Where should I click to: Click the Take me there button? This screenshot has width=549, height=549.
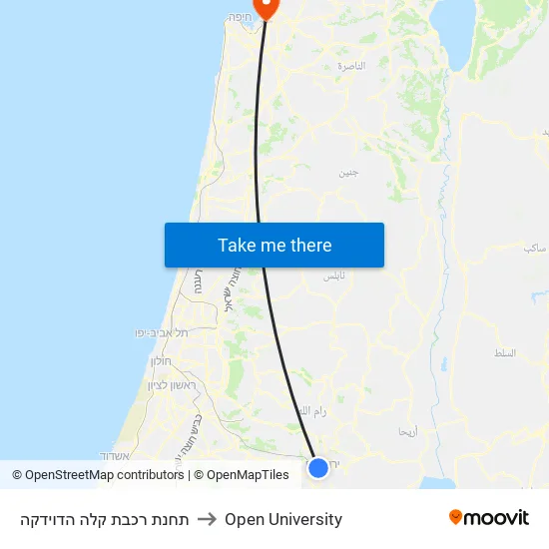(x=274, y=246)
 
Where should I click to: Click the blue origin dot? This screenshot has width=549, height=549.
(x=318, y=467)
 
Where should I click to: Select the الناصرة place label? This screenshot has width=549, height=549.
(x=351, y=66)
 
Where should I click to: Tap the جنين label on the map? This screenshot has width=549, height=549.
(x=347, y=172)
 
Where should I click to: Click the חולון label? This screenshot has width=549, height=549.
(x=162, y=360)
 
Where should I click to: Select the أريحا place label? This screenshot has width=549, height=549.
(x=408, y=432)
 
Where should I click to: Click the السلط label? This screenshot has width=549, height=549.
(x=505, y=353)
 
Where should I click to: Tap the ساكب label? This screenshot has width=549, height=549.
(x=534, y=246)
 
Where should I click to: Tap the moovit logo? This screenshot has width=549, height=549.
(x=489, y=518)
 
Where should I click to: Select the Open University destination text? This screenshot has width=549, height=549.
(x=283, y=519)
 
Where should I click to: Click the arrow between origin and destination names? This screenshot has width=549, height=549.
(x=207, y=519)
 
